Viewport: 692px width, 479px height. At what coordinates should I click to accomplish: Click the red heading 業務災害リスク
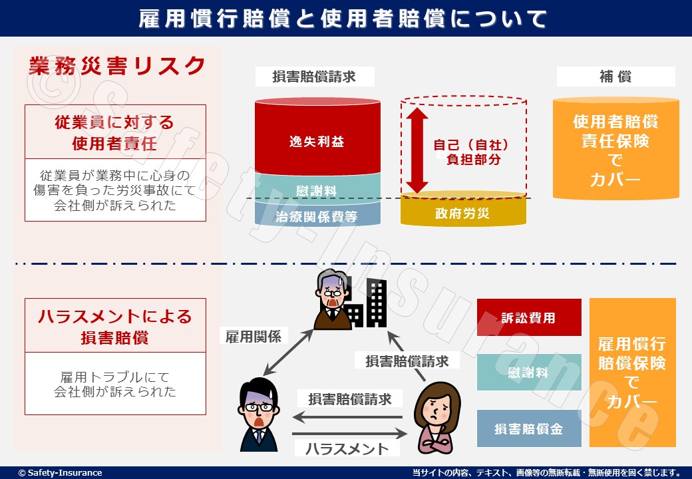[x=117, y=66]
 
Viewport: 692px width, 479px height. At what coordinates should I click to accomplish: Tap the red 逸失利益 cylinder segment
[x=317, y=141]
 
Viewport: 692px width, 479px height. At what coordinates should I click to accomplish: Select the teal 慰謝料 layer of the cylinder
[x=317, y=189]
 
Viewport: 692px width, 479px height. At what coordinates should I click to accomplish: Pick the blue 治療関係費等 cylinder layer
[x=317, y=215]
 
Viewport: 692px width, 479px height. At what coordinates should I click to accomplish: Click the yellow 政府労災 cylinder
[x=463, y=212]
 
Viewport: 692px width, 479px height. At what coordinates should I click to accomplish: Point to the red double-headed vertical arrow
[x=417, y=150]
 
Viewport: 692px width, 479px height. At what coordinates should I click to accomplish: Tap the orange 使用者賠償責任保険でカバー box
[x=615, y=150]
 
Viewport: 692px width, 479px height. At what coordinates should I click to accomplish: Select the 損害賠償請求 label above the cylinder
[x=315, y=77]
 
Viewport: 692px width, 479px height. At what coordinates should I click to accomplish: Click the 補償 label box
[x=615, y=77]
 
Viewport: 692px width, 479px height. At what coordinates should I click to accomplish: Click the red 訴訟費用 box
[x=529, y=317]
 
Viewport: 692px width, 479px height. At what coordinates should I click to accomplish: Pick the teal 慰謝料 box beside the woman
[x=529, y=373]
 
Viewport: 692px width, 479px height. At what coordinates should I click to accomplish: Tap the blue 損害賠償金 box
[x=529, y=428]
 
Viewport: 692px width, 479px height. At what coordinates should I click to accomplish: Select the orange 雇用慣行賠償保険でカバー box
[x=632, y=373]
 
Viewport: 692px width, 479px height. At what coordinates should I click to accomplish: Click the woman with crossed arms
[x=437, y=416]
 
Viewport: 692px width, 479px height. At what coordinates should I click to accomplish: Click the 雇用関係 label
[x=250, y=336]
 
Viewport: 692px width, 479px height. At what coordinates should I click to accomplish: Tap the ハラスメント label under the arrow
[x=347, y=448]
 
